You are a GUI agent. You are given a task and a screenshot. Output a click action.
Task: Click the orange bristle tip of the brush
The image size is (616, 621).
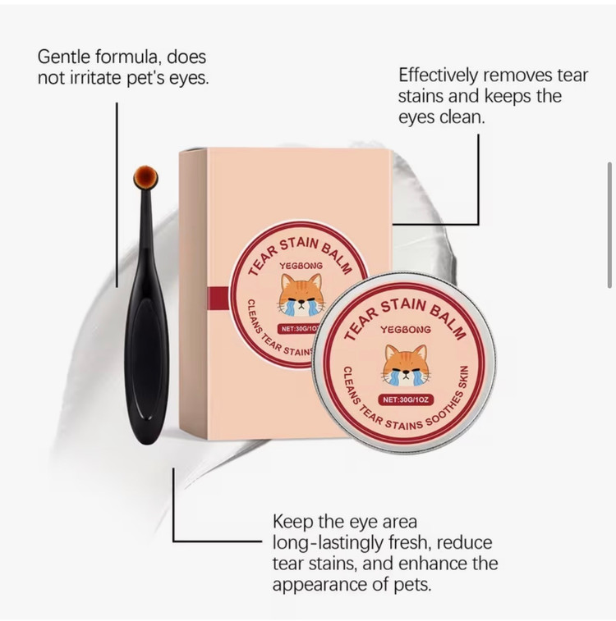pos(145,176)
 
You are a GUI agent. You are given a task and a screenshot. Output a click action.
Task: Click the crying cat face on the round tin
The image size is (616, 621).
pos(405,365)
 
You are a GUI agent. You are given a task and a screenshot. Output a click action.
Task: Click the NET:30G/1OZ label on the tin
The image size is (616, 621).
pos(406,400)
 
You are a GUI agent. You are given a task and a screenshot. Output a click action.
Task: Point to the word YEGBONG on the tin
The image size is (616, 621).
pos(406,330)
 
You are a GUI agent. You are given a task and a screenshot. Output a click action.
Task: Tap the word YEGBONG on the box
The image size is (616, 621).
pos(301,265)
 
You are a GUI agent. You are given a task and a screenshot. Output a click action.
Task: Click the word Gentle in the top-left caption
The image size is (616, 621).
pos(64,57)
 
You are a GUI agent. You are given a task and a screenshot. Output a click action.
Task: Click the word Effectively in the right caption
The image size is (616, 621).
pos(438,75)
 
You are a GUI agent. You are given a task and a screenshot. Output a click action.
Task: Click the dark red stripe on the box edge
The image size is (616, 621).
pos(218,297)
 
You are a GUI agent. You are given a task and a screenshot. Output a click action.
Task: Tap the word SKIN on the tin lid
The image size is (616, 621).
pos(464,377)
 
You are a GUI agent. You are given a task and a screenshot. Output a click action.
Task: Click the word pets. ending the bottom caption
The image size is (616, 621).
pos(411,585)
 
